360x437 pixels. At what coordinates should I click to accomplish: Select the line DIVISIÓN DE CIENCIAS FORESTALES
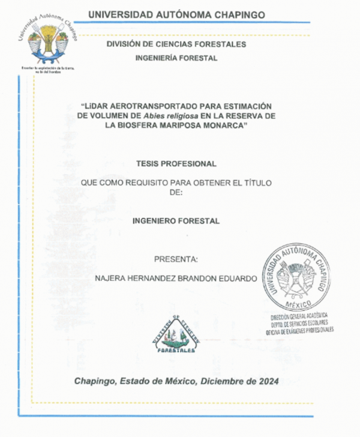176,44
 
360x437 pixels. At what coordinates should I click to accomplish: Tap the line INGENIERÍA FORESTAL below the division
176,58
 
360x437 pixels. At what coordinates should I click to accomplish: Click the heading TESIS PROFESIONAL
176,163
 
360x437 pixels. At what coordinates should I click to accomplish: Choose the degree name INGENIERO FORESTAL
176,221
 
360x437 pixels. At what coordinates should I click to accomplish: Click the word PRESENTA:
176,259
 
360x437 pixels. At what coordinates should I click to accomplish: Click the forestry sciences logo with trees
176,335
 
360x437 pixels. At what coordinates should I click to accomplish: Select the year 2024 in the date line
266,381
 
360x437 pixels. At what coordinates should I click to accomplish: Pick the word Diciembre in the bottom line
222,381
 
